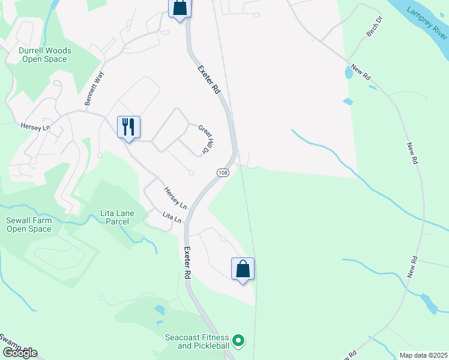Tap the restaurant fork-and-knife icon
point(128,127)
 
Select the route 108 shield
point(223,173)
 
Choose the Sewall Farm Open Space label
point(29,224)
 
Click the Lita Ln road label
point(172,217)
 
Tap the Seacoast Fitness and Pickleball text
point(197,341)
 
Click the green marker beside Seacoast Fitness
point(239,341)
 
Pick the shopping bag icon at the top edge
point(179,7)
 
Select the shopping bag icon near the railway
point(243,269)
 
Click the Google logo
point(20,353)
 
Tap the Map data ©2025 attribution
point(423,355)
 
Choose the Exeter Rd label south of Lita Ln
point(187,263)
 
